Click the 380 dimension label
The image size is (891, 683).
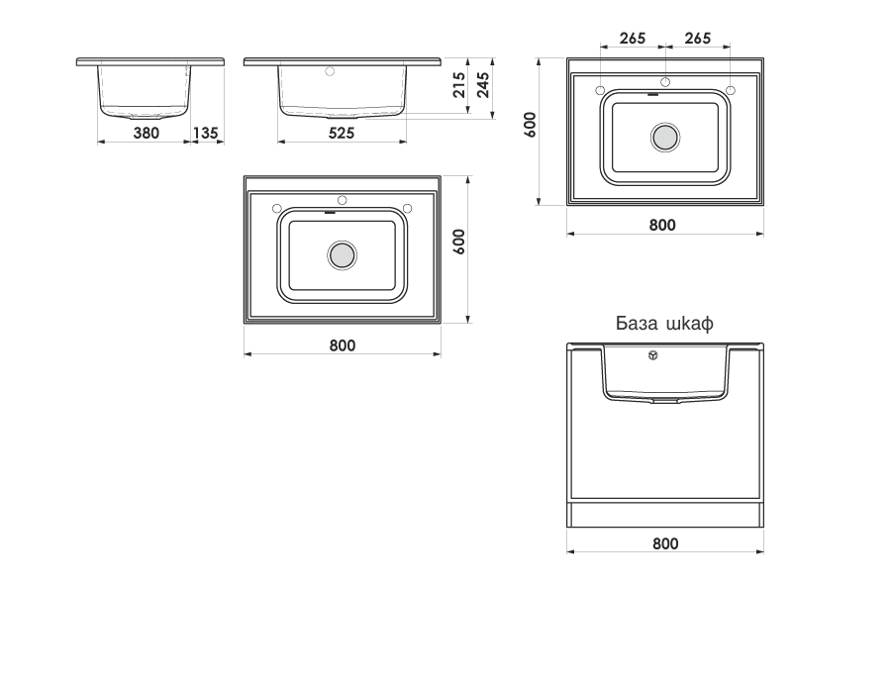[147, 133]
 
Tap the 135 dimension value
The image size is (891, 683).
[205, 133]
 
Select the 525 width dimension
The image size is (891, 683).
[342, 133]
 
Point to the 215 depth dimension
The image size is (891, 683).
[459, 85]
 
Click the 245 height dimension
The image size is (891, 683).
[483, 85]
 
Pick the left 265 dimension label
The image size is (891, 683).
[633, 38]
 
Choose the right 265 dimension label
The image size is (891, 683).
[697, 38]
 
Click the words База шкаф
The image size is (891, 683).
[664, 324]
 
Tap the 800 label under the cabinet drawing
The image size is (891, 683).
[665, 543]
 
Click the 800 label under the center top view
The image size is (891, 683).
[343, 345]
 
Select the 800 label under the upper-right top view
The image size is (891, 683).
[662, 225]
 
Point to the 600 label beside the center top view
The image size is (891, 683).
[459, 242]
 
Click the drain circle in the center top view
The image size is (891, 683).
[343, 255]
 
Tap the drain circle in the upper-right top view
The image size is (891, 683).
[665, 138]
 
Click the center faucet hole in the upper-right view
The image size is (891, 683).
[665, 82]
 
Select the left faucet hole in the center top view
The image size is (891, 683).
[277, 208]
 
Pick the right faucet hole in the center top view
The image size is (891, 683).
[407, 208]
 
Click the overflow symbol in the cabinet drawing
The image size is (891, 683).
[653, 355]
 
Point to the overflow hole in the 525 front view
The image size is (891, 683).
[329, 71]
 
